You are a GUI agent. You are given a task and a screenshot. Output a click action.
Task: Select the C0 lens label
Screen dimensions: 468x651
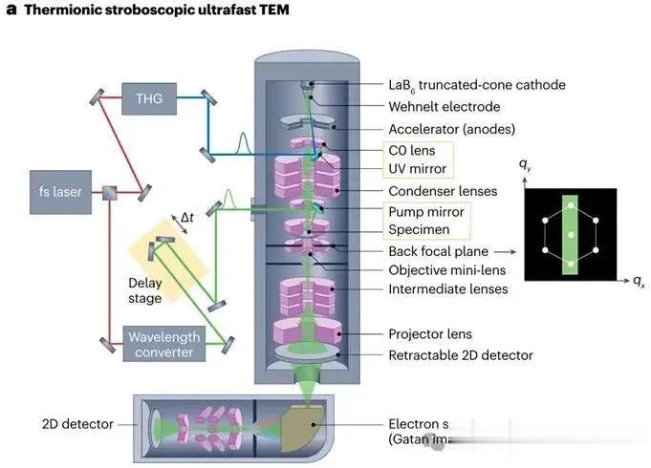click(x=410, y=150)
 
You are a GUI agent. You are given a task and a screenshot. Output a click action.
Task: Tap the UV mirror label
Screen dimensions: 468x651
click(x=419, y=169)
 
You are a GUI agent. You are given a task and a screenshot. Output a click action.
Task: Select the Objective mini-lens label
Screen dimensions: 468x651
click(x=448, y=269)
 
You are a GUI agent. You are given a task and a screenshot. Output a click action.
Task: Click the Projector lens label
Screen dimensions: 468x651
click(x=430, y=334)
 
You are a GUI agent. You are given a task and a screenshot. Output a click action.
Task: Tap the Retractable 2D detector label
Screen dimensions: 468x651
click(x=460, y=355)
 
